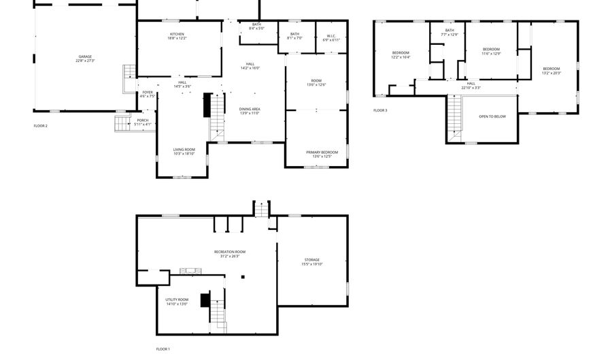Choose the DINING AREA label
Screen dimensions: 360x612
tap(250, 111)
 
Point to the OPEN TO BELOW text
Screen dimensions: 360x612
tap(492, 116)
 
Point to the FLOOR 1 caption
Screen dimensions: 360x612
tap(163, 349)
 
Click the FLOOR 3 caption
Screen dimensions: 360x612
tap(380, 110)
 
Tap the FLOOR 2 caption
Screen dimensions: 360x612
tap(41, 126)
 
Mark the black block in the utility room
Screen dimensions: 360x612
tap(204, 300)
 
